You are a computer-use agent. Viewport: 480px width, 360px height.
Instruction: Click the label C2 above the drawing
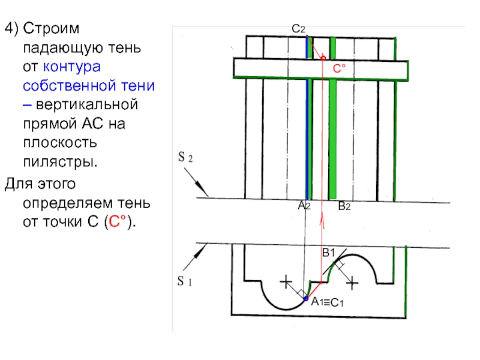(x=299, y=29)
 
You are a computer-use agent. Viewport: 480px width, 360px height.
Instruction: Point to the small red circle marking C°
(x=323, y=58)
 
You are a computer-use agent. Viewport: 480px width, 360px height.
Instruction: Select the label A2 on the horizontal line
(x=304, y=206)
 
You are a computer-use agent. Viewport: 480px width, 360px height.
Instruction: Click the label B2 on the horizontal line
(x=344, y=206)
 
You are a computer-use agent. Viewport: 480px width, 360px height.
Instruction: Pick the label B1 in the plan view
(x=328, y=254)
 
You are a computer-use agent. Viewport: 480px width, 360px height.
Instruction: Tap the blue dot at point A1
(x=305, y=298)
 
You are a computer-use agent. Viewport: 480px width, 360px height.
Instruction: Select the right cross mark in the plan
(x=353, y=280)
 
